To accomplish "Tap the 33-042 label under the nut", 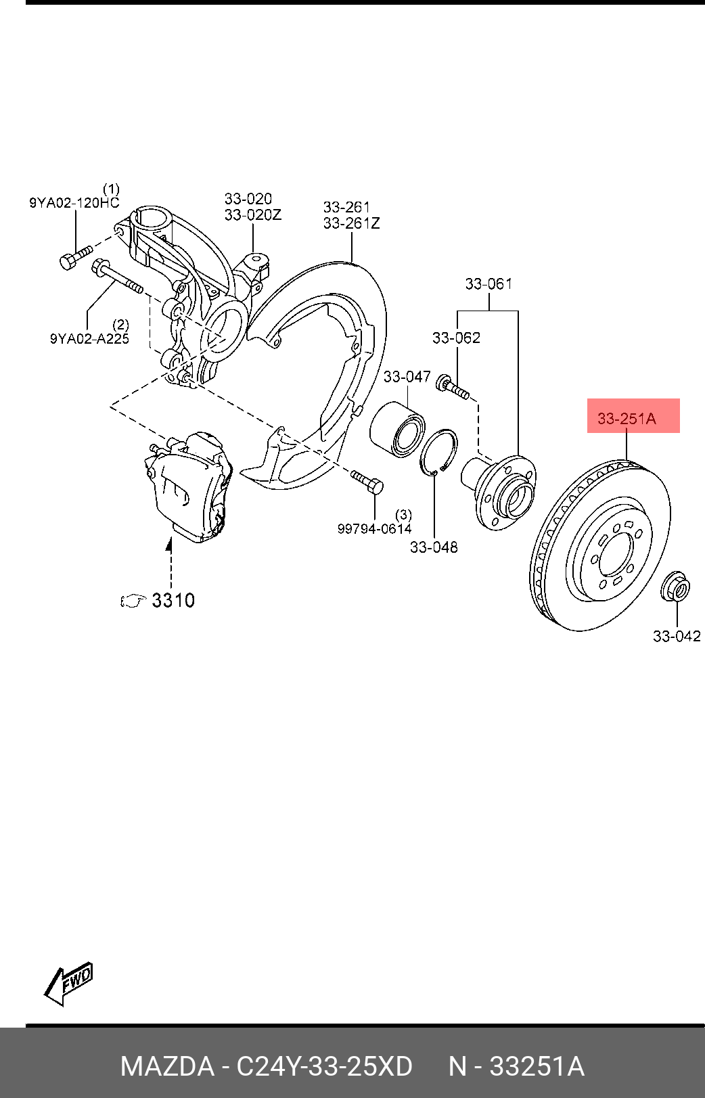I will pyautogui.click(x=676, y=636).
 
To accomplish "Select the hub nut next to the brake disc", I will pyautogui.click(x=675, y=587).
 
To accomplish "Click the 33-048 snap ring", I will pyautogui.click(x=438, y=452).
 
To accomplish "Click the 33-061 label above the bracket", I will pyautogui.click(x=488, y=284).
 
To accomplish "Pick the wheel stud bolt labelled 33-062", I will pyautogui.click(x=453, y=388).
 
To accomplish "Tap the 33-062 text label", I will pyautogui.click(x=456, y=338).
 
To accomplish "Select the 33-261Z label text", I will pyautogui.click(x=351, y=223).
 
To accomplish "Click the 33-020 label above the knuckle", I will pyautogui.click(x=248, y=199).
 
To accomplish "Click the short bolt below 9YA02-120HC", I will pyautogui.click(x=74, y=258).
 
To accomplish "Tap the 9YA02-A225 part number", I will pyautogui.click(x=89, y=339).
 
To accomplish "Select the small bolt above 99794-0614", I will pyautogui.click(x=367, y=482).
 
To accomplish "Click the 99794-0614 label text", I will pyautogui.click(x=374, y=529).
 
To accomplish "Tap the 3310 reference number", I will pyautogui.click(x=173, y=600).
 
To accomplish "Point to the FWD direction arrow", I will pyautogui.click(x=68, y=983).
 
